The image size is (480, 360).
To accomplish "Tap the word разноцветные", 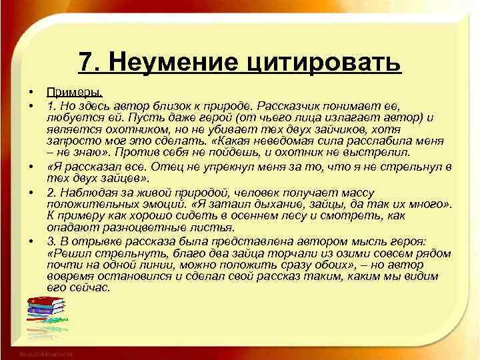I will (x=135, y=227).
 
